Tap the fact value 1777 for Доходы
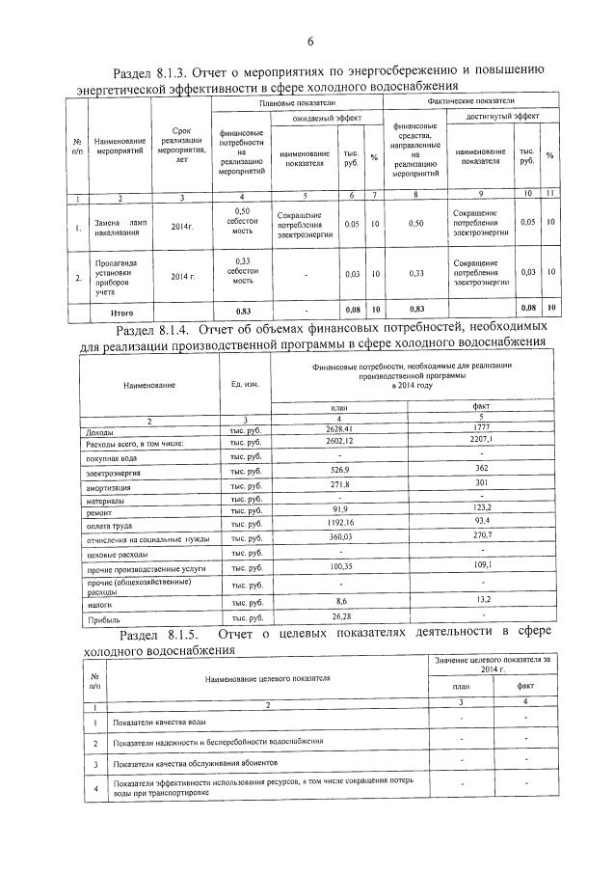(x=482, y=427)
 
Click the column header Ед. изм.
(x=245, y=384)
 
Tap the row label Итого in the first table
(x=123, y=309)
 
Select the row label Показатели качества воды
(x=158, y=723)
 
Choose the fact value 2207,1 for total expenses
(x=482, y=440)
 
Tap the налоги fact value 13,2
(x=482, y=600)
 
